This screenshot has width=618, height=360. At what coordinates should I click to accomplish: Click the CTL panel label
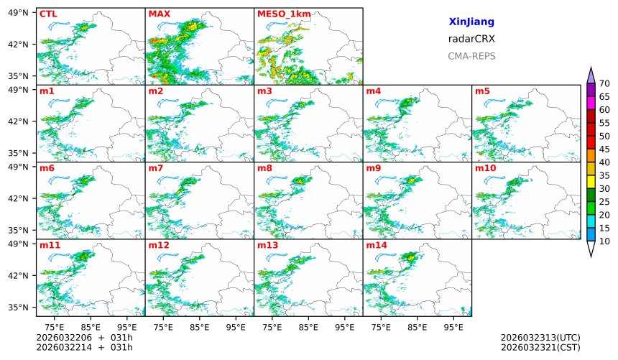tap(48, 14)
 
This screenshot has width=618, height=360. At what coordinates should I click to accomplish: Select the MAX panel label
tap(158, 14)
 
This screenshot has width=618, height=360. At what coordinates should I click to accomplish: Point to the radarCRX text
tap(471, 39)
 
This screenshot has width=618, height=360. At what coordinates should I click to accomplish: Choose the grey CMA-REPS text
tap(471, 56)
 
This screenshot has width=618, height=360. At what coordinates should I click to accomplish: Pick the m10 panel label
tap(485, 168)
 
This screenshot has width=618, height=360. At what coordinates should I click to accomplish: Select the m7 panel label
tap(156, 168)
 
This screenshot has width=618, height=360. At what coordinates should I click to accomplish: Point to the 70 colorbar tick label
tap(604, 84)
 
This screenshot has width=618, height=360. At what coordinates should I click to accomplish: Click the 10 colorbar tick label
tap(604, 241)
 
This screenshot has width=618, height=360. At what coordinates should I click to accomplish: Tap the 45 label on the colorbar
tap(604, 149)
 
